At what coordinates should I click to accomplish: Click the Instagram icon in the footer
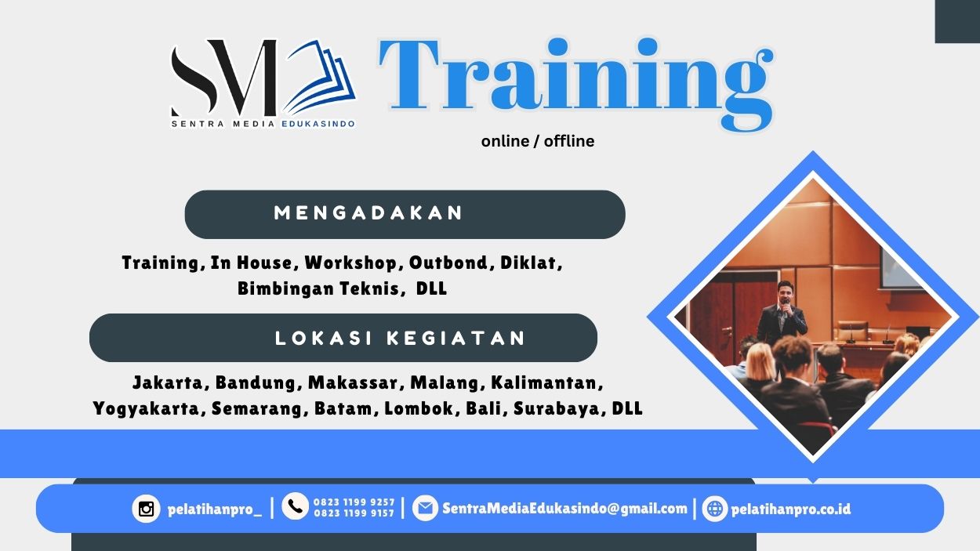click(146, 509)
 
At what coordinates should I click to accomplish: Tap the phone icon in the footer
click(295, 507)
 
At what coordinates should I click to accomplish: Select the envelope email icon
click(425, 508)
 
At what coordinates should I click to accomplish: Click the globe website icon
click(714, 509)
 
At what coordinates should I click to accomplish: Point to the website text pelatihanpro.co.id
click(790, 509)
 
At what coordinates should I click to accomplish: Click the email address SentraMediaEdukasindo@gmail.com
click(564, 508)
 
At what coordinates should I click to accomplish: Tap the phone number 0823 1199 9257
click(354, 502)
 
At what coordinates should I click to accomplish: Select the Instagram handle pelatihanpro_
click(215, 509)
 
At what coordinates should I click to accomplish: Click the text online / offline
click(538, 141)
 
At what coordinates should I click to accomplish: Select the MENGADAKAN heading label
click(368, 213)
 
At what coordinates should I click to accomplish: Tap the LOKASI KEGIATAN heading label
click(400, 339)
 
